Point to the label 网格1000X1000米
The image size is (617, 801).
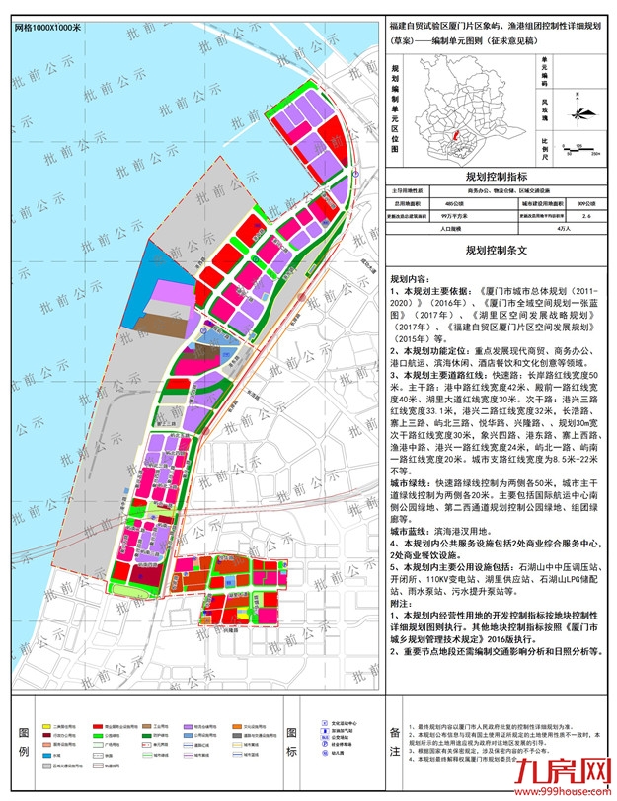click(x=48, y=27)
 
